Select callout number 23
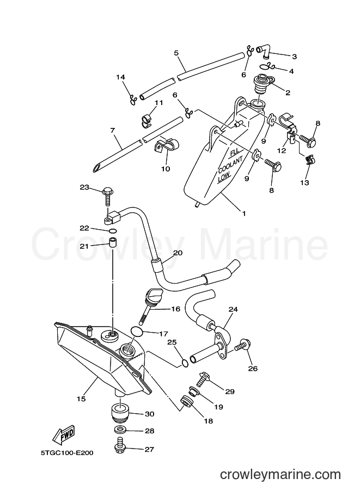click(84, 187)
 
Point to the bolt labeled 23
click(107, 198)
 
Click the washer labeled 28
click(120, 431)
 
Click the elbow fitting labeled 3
click(264, 52)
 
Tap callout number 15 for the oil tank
click(81, 398)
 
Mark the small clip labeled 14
click(133, 99)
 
